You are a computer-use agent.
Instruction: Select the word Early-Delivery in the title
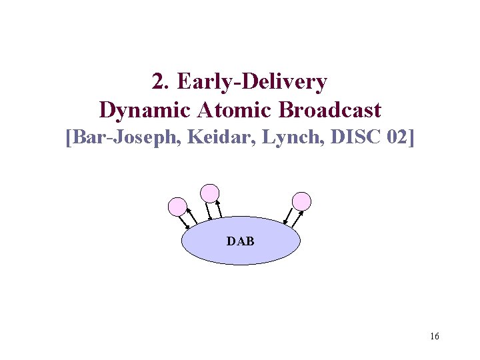(x=252, y=82)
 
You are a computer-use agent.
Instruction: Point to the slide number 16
(x=435, y=337)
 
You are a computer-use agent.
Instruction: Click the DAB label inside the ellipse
(x=241, y=241)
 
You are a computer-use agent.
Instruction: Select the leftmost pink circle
(x=177, y=207)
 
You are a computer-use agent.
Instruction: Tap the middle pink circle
(x=210, y=193)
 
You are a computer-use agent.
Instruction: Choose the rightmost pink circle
(x=302, y=201)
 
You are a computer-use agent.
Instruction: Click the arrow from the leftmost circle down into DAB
(x=183, y=223)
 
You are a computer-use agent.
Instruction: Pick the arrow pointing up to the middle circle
(x=219, y=208)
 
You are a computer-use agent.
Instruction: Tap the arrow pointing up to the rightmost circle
(x=298, y=218)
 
